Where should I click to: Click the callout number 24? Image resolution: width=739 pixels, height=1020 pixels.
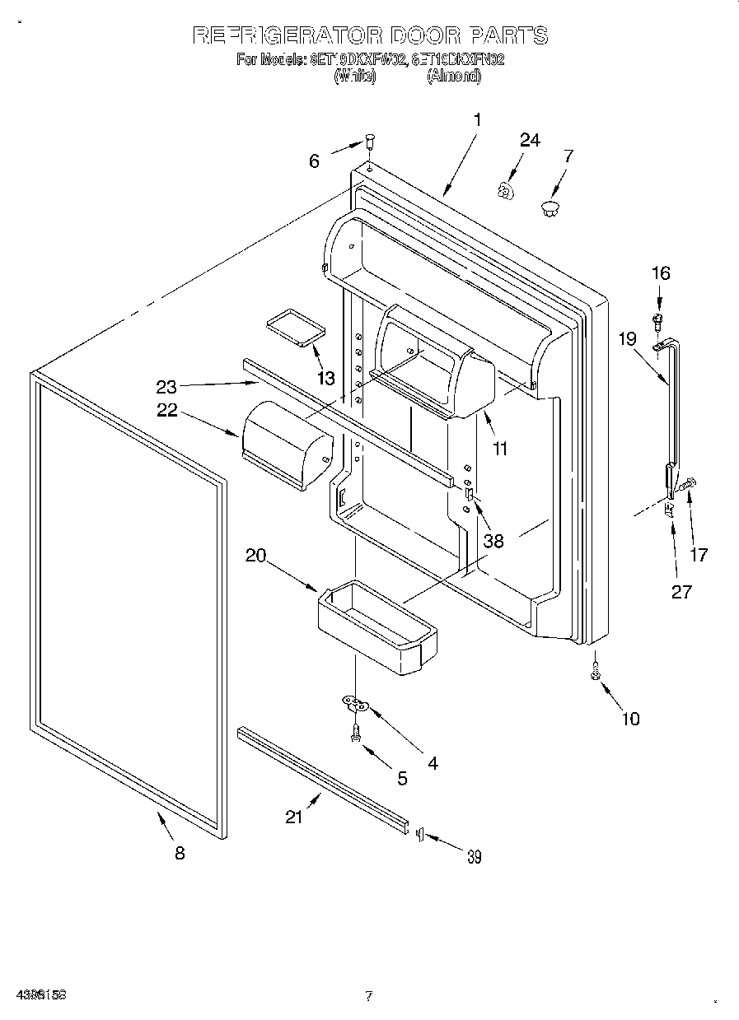(x=530, y=141)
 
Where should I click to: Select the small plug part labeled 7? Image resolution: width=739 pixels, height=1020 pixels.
(x=550, y=205)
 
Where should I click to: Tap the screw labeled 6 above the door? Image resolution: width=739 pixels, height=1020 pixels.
(x=370, y=142)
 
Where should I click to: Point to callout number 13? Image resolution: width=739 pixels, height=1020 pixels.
(x=326, y=379)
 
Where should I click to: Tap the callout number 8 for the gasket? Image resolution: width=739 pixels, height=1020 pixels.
(x=180, y=853)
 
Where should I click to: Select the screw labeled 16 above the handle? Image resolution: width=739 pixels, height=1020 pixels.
(x=658, y=319)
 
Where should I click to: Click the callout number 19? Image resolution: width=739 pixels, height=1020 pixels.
(x=628, y=337)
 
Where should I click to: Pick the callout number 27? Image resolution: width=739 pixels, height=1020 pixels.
(x=681, y=591)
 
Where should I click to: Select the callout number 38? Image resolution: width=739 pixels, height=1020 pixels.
(x=493, y=542)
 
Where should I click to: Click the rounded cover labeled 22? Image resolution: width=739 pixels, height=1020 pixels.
(x=285, y=445)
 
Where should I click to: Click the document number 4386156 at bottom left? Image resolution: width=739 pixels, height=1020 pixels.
(x=40, y=995)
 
